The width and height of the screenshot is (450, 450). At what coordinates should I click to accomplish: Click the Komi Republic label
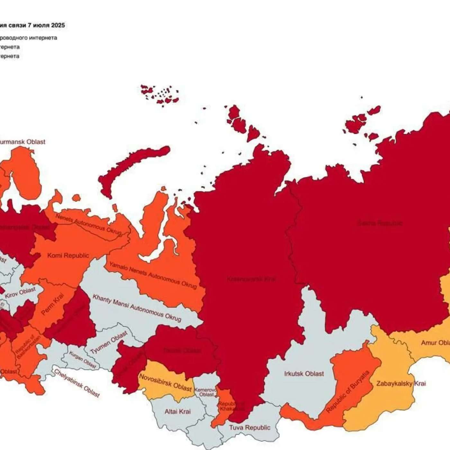tap(68, 256)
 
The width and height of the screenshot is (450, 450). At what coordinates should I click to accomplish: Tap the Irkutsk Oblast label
tap(304, 374)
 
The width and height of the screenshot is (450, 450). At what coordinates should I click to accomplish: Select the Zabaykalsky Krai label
tap(401, 383)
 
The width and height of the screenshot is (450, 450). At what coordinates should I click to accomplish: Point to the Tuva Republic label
tap(249, 428)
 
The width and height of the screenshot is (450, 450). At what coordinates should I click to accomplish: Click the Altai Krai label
tap(177, 411)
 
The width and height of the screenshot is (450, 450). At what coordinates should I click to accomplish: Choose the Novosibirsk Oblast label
tap(166, 382)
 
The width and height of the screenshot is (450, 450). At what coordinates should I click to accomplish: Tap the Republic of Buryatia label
tap(348, 392)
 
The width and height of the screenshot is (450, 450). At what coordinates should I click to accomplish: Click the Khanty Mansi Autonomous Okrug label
tap(137, 308)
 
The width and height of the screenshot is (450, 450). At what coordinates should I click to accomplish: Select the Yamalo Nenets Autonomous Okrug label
tap(153, 275)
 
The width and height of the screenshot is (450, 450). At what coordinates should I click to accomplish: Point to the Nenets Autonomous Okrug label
tap(88, 224)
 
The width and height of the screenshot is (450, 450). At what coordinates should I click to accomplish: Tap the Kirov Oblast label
tap(20, 293)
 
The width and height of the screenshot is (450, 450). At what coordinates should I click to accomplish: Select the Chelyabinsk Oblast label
tap(77, 383)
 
